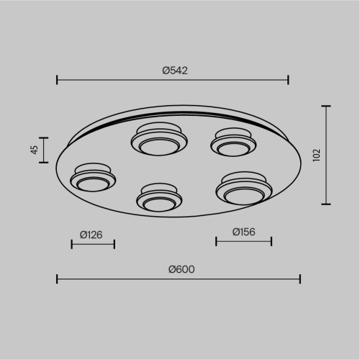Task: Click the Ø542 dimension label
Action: tap(175, 71)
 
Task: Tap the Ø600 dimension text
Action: tap(181, 269)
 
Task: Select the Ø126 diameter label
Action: tap(91, 235)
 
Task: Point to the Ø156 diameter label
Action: tap(244, 232)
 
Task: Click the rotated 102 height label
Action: tap(317, 156)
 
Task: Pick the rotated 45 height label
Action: tap(35, 150)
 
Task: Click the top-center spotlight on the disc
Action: tap(159, 139)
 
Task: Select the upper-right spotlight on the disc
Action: tap(233, 142)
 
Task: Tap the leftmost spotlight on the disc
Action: tap(93, 177)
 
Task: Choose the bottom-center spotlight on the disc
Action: tap(159, 197)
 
